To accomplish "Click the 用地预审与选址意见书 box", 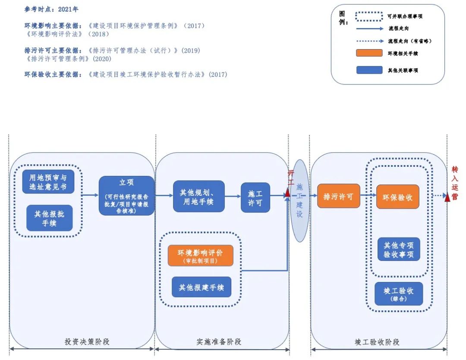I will [48, 182].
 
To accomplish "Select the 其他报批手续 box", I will [47, 218].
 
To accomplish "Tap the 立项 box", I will [126, 196].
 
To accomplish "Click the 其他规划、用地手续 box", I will [199, 196].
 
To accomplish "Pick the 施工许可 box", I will [255, 197].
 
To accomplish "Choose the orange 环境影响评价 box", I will [201, 255].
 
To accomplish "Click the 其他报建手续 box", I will [202, 287].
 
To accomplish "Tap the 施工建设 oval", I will [300, 200].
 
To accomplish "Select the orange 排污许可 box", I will [339, 197].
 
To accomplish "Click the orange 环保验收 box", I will [397, 197].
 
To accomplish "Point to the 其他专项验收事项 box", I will [398, 250].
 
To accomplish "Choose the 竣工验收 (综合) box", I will [398, 294].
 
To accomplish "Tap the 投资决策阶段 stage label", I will [87, 341].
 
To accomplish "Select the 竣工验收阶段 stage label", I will [377, 341].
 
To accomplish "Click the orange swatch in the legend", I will [369, 53].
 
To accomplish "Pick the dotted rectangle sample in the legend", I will [369, 16].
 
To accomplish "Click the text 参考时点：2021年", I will [51, 9].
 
